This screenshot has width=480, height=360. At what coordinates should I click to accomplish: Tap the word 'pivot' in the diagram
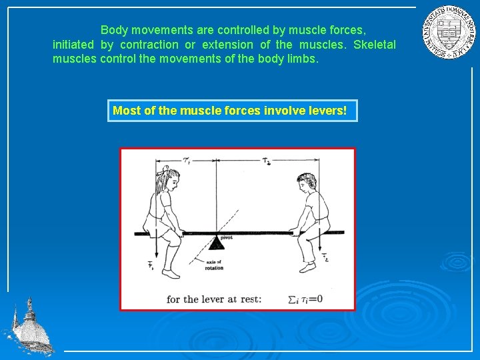(226, 237)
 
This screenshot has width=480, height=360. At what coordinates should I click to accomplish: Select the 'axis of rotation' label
(214, 265)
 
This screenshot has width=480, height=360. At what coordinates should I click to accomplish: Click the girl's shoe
(171, 273)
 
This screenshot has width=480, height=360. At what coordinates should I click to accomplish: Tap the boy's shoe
(307, 267)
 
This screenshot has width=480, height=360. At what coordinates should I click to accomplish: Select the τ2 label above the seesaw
(267, 161)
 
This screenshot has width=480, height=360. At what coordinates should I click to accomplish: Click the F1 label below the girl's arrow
(151, 266)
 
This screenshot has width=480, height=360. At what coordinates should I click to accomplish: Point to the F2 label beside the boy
(325, 257)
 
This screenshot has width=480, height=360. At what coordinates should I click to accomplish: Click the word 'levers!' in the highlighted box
(327, 110)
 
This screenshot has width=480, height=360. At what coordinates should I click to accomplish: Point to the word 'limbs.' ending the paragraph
(301, 59)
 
